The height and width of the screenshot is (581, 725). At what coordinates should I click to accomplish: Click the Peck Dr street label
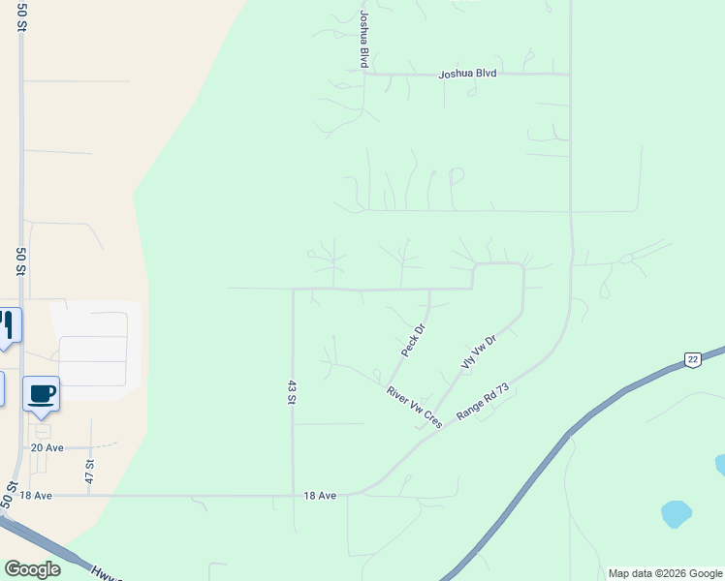coord(414,340)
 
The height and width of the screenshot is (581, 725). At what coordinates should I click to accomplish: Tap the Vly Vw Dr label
coord(478,351)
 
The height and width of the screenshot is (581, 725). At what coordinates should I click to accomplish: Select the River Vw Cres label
coord(414,408)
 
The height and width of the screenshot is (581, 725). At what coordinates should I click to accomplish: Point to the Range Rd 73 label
coord(483,401)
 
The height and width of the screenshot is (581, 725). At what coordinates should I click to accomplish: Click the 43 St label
coord(291,391)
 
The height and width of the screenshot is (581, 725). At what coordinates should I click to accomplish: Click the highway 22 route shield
coord(692,359)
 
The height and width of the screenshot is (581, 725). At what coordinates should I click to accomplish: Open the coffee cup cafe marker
coord(41,394)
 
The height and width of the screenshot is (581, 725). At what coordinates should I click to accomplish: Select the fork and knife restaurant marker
coord(7,325)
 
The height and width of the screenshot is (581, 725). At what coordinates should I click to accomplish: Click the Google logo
coord(32,569)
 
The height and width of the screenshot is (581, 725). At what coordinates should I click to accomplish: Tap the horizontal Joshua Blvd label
coord(467,74)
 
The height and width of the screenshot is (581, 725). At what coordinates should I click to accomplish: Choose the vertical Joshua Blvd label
coord(363,39)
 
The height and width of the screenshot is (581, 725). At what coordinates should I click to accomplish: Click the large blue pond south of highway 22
coord(675,512)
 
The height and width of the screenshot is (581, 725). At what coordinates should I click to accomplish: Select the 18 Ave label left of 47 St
coord(34,495)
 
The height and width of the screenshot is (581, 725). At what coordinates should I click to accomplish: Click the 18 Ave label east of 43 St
coord(320,495)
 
